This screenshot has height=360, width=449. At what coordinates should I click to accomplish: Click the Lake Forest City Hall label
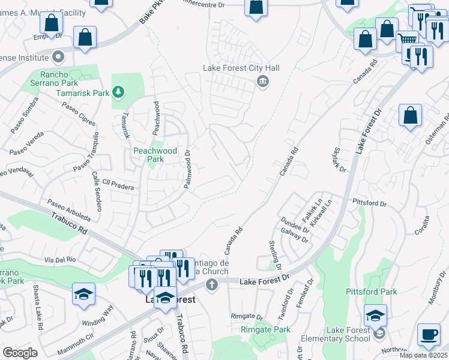(x=241, y=68)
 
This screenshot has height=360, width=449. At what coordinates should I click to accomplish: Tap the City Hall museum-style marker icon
(x=262, y=82)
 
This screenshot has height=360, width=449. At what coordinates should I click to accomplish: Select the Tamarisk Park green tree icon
(x=119, y=92)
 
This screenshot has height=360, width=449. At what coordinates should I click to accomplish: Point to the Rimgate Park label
(x=265, y=329)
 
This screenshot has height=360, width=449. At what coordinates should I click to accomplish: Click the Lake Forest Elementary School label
(x=348, y=334)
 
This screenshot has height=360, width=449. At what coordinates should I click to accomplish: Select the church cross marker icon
(x=211, y=286)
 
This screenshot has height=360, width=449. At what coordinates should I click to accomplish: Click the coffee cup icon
(x=428, y=335)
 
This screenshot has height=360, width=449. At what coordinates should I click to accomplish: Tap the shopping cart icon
(x=408, y=40)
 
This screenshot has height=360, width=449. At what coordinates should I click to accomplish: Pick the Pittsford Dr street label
(x=369, y=203)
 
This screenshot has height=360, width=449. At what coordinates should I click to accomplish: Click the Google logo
(x=20, y=353)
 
